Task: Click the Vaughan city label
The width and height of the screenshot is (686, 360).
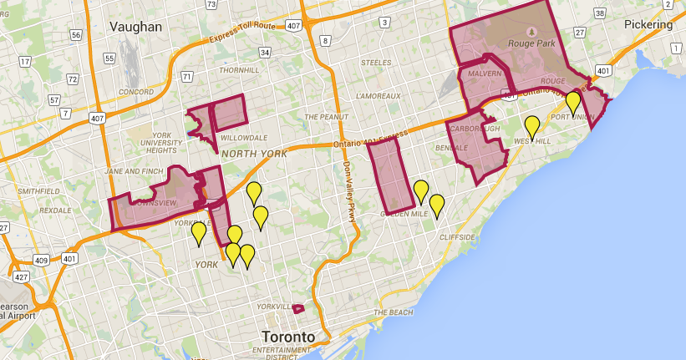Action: click(135, 27)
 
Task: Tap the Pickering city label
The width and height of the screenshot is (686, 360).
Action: click(648, 24)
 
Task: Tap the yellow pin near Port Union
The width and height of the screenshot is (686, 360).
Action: click(573, 102)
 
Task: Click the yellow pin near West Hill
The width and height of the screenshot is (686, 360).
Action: click(532, 127)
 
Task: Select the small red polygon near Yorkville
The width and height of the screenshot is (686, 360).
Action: click(298, 308)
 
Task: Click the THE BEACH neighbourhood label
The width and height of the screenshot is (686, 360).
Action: click(393, 312)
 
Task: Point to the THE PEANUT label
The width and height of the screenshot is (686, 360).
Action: click(326, 117)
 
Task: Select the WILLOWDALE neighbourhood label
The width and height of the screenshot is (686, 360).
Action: click(243, 137)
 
